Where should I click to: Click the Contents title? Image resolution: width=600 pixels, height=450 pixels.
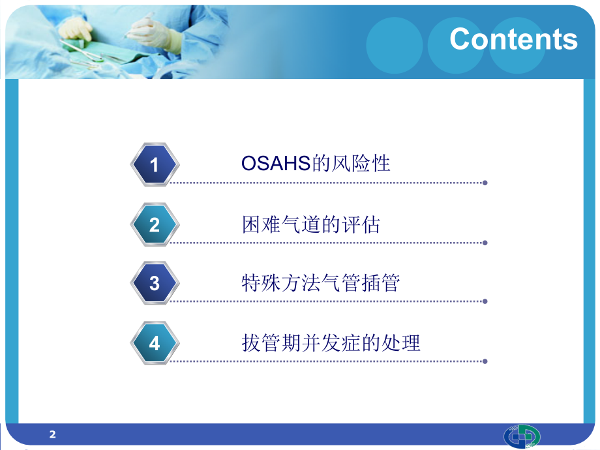coord(513,39)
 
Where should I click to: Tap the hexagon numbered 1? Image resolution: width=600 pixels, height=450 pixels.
coord(154,165)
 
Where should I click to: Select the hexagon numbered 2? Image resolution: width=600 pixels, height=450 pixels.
coord(154,225)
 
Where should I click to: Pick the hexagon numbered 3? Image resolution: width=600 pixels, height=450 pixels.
coord(154,284)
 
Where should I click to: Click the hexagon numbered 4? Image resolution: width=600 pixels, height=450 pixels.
coord(154,343)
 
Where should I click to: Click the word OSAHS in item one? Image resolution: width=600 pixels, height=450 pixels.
coord(276,164)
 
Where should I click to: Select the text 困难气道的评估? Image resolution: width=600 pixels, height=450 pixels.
coord(310,225)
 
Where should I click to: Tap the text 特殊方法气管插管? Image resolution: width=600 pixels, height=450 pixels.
coord(320,284)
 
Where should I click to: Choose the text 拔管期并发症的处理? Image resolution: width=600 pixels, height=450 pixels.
coord(331,343)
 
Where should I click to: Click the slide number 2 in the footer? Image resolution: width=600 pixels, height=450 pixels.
coord(53,434)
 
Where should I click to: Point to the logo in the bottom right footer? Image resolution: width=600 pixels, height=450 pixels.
coord(522,436)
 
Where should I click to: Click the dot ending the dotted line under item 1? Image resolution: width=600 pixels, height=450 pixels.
coord(485,183)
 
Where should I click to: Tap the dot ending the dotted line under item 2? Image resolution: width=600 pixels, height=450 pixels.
coord(485,243)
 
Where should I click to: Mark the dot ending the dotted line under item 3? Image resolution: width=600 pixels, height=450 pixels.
coord(485,301)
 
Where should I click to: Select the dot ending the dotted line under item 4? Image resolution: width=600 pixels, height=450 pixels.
coord(485,361)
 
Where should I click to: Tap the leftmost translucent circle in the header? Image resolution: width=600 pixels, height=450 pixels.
coord(395,45)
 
